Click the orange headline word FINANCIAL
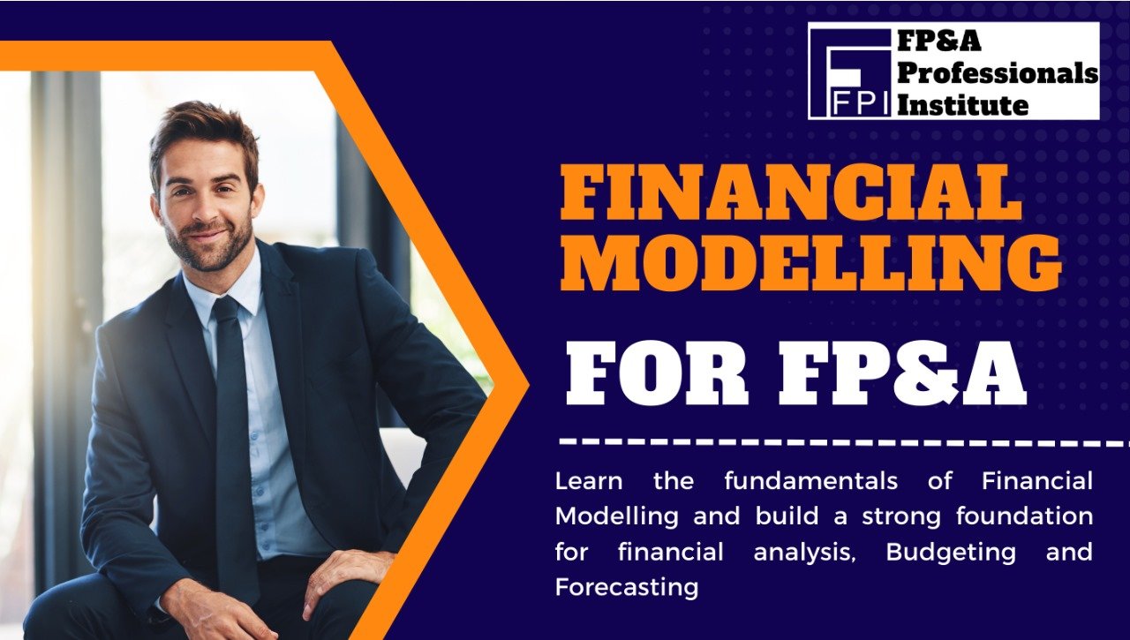790,193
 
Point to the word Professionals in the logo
998,74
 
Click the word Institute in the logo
962,105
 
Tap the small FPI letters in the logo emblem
861,102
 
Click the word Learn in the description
588,481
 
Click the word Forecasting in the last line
626,587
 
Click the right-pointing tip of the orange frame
527,385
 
